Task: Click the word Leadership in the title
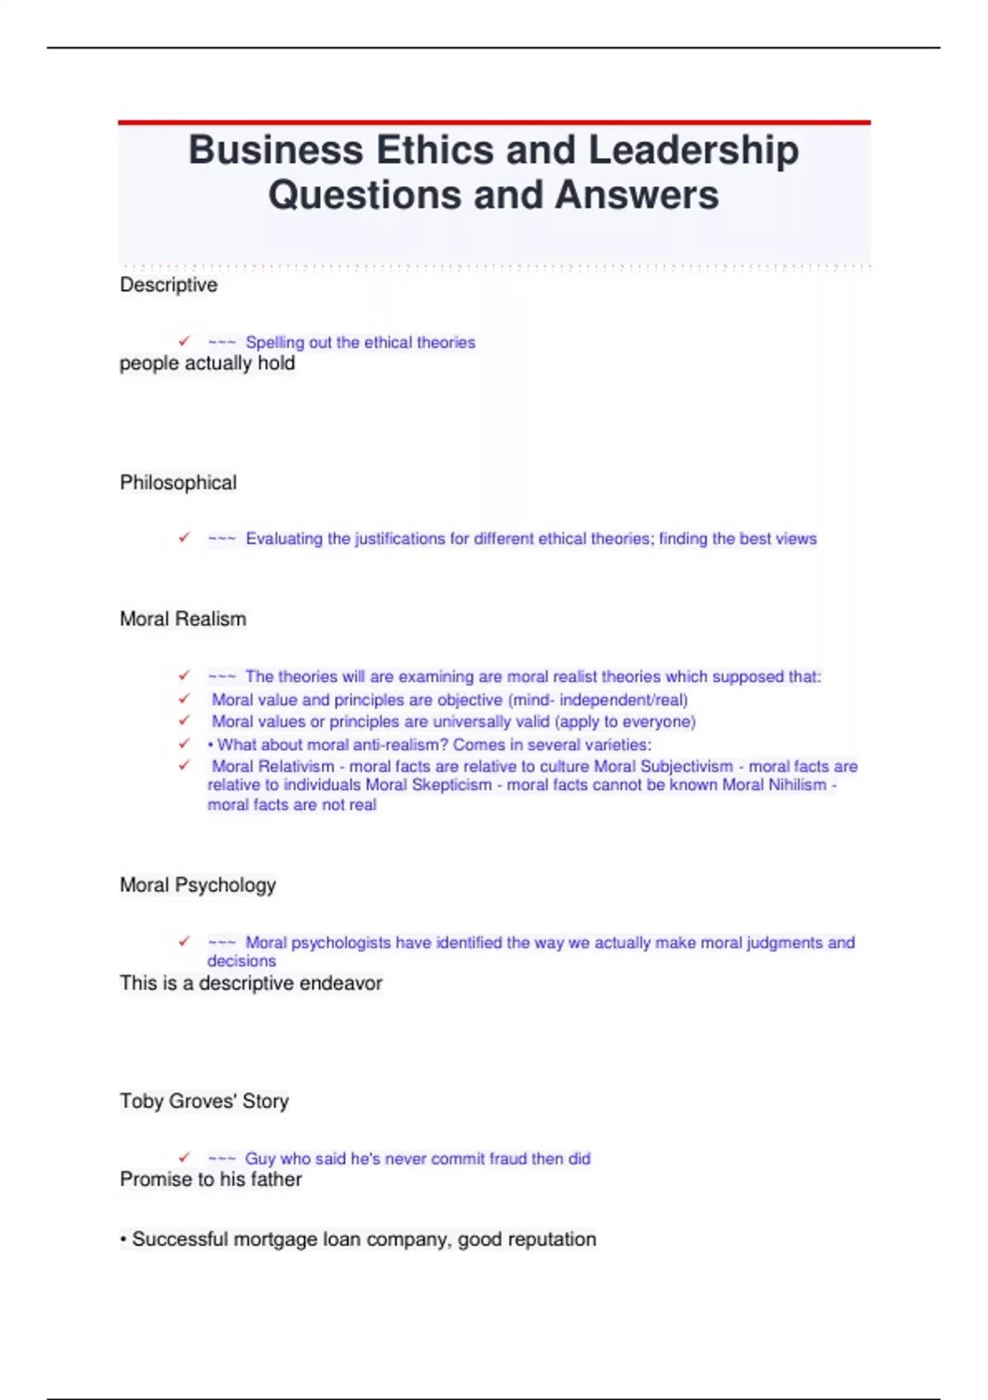tap(693, 151)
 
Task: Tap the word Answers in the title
tap(636, 196)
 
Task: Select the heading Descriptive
tap(169, 285)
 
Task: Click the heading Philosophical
tap(178, 483)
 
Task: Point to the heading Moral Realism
tap(183, 619)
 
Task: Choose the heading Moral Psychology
tap(198, 885)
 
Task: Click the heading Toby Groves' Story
tap(204, 1102)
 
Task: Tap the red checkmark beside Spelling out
tap(184, 341)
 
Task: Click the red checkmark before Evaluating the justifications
tap(184, 538)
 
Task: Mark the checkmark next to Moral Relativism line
tap(184, 765)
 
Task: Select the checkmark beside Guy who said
tap(184, 1157)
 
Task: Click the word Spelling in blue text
tap(274, 343)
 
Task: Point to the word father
tap(276, 1179)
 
